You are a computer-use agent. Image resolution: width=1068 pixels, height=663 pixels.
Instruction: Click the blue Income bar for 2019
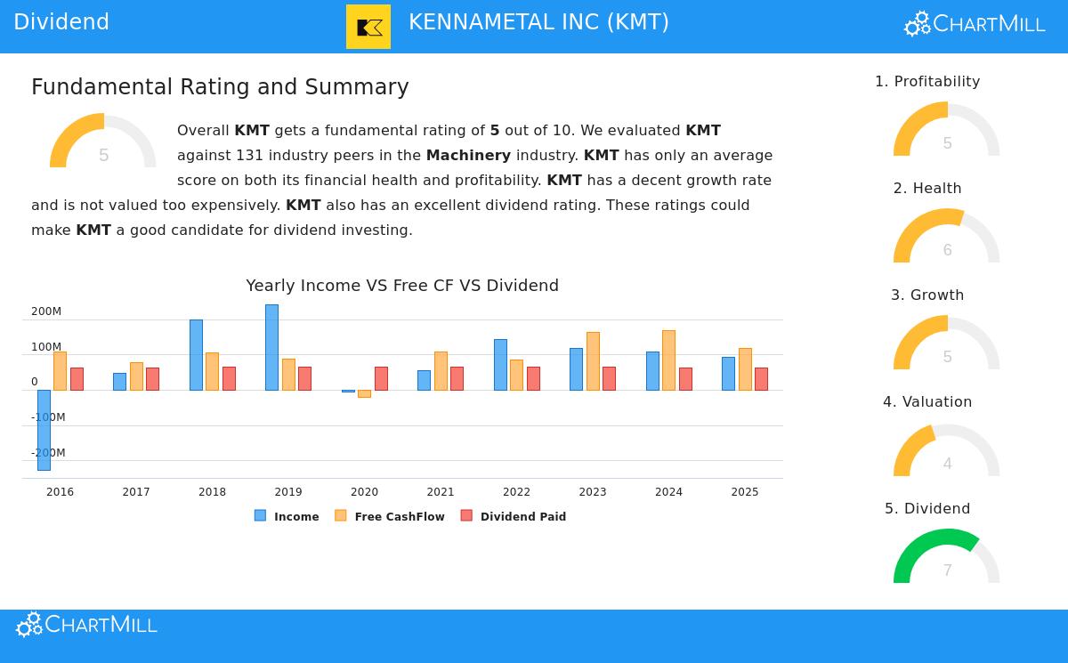pos(271,347)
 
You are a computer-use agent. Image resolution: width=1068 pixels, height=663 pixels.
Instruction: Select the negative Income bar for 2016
pos(44,430)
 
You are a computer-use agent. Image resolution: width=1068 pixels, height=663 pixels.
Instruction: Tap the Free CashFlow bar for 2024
pos(668,360)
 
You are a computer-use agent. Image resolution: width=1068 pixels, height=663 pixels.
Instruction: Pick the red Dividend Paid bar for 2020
pos(381,378)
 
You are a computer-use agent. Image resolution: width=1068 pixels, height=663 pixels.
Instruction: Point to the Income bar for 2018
pos(196,355)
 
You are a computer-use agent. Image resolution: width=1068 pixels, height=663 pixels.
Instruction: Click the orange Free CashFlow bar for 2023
pos(593,361)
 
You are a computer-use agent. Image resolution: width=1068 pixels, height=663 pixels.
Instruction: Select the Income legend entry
pos(287,516)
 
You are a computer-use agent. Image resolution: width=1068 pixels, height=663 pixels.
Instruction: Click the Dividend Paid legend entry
pos(514,516)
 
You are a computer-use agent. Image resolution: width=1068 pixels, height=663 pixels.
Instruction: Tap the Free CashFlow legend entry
pos(390,516)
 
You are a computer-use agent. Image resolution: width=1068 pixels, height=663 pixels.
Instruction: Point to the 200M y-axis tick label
pos(46,311)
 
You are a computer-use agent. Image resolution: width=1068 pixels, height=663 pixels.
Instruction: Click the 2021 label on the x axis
pos(441,492)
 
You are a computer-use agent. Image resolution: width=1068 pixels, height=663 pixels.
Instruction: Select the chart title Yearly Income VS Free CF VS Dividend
pos(402,286)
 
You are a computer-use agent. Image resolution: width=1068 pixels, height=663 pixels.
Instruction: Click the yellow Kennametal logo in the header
pos(368,27)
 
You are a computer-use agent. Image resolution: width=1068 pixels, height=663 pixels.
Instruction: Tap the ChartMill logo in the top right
pos(975,24)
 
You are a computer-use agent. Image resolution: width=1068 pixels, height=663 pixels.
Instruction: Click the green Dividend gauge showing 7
pos(947,556)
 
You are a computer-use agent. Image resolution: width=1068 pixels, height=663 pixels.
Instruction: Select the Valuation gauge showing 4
pos(947,450)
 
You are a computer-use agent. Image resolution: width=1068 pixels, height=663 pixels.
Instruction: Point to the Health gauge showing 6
pos(947,237)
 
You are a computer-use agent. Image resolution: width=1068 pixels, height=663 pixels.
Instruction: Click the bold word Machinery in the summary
pos(468,156)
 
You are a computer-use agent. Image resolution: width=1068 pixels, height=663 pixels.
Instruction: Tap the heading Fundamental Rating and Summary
pos(220,87)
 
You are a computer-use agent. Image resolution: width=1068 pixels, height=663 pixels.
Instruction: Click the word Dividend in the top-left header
pos(61,22)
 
